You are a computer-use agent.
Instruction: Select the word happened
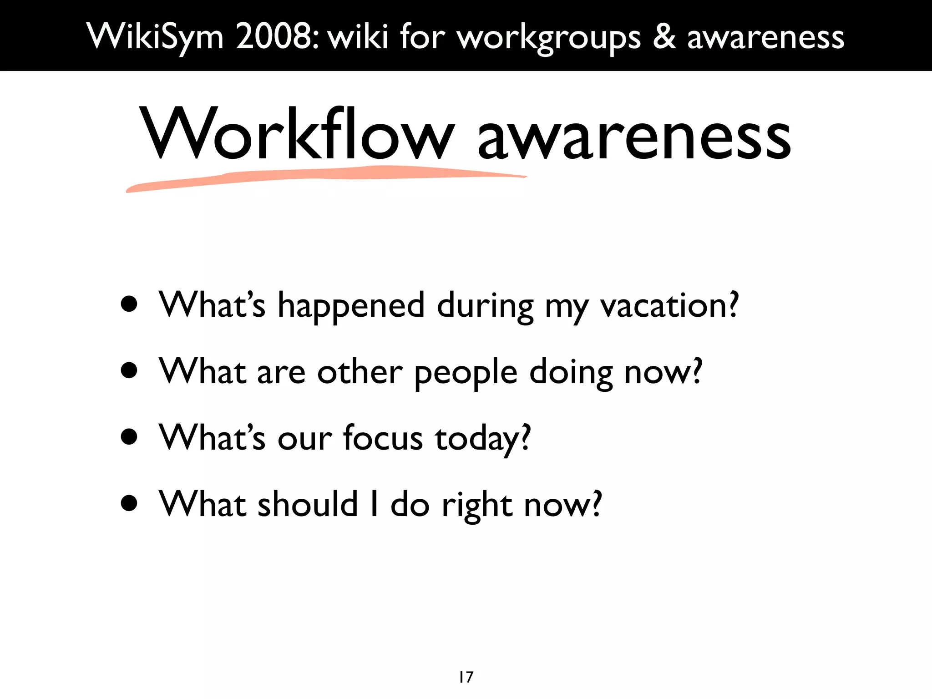[351, 306]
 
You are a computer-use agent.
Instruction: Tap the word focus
[383, 438]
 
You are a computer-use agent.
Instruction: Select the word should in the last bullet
[308, 504]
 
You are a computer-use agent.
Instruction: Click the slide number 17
[466, 677]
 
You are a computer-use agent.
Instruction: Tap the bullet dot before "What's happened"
[130, 304]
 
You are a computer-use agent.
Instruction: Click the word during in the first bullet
[485, 306]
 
